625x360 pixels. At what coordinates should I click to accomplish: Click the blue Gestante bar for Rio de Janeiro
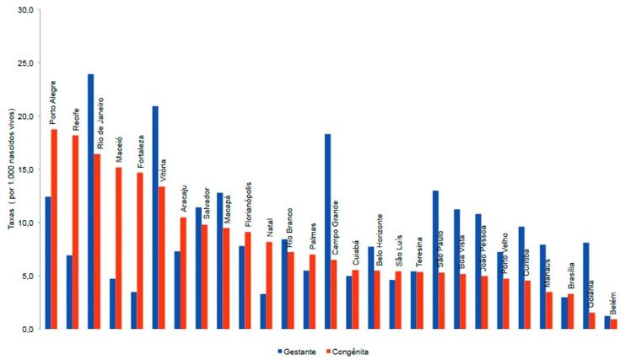tap(90, 202)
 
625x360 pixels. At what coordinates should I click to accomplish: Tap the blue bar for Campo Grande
tap(327, 232)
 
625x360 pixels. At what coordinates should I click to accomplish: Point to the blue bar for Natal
tap(263, 311)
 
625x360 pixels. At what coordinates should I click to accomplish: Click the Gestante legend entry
tap(295, 351)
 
